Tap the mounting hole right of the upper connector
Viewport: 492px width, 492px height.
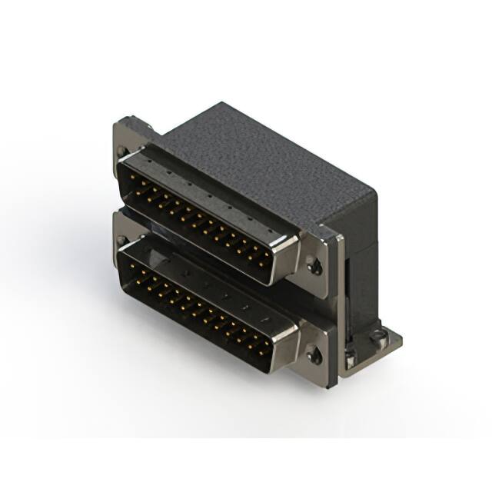(314, 266)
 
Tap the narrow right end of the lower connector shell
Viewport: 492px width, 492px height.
(288, 347)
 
